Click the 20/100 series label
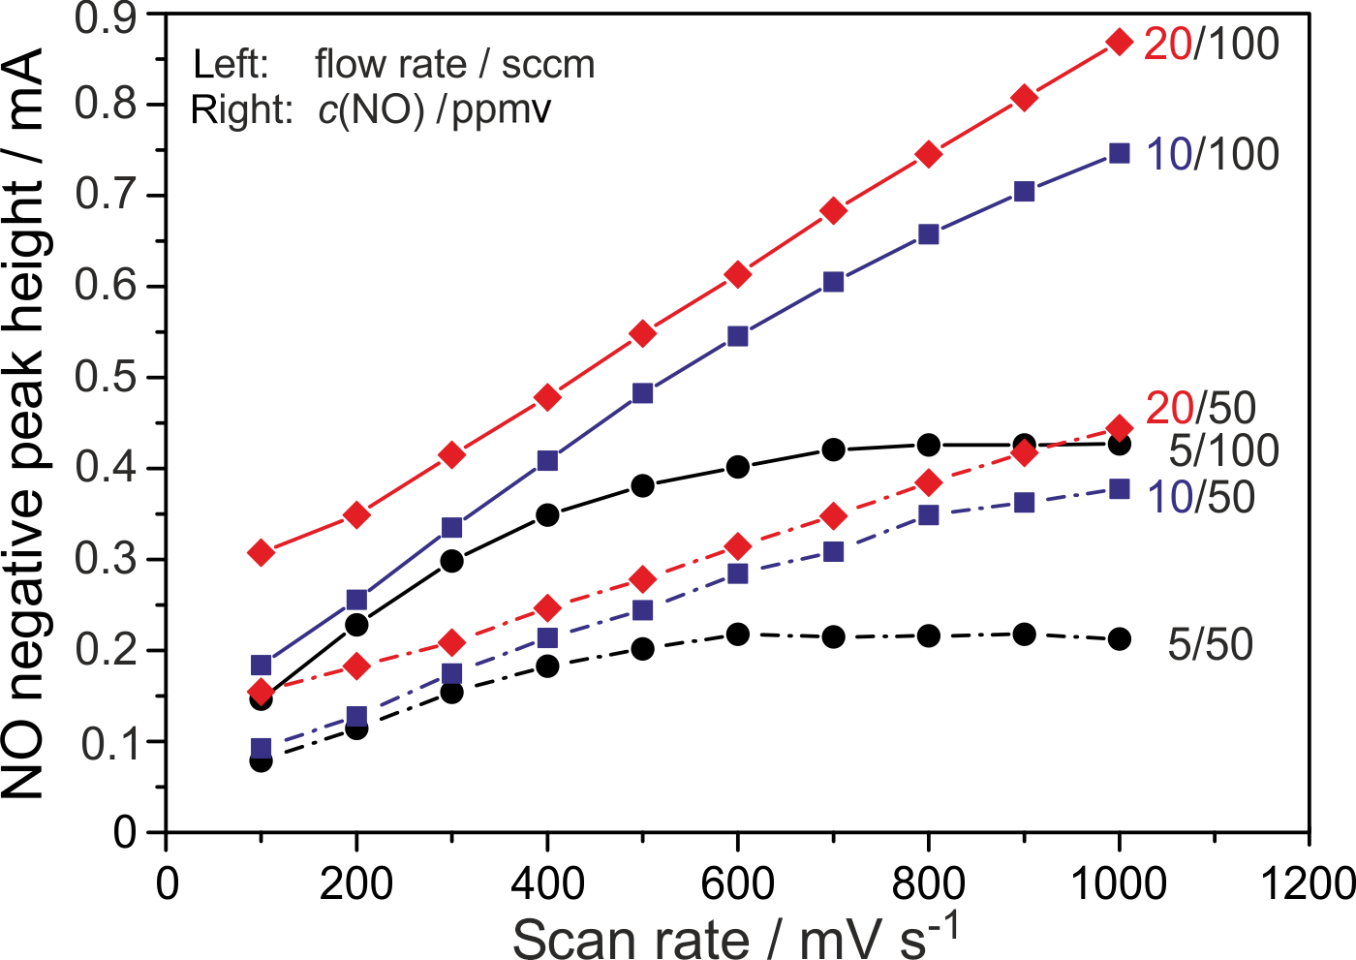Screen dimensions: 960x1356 coord(1211,45)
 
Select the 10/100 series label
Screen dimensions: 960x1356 coord(1212,155)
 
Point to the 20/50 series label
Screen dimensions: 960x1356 coord(1200,409)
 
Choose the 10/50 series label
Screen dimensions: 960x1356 coord(1201,498)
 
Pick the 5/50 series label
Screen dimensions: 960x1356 coord(1210,645)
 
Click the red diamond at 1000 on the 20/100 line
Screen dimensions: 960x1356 coord(1120,42)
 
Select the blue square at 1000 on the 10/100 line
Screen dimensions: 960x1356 coord(1120,153)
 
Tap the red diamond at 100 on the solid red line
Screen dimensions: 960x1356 coord(261,553)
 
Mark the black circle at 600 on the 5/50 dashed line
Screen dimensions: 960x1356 coord(738,635)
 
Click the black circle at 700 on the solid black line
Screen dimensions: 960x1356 coord(833,449)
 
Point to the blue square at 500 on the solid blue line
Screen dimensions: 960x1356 coord(642,393)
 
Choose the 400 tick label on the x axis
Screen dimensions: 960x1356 coord(546,883)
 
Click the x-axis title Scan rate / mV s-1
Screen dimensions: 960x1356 coord(736,936)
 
